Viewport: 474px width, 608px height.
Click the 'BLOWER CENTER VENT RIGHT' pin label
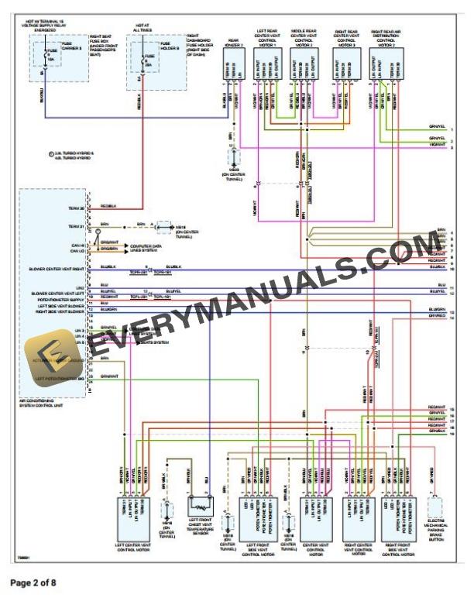point(57,268)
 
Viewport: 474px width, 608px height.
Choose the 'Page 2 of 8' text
point(33,581)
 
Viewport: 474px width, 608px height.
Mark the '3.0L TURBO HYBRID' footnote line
point(74,154)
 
